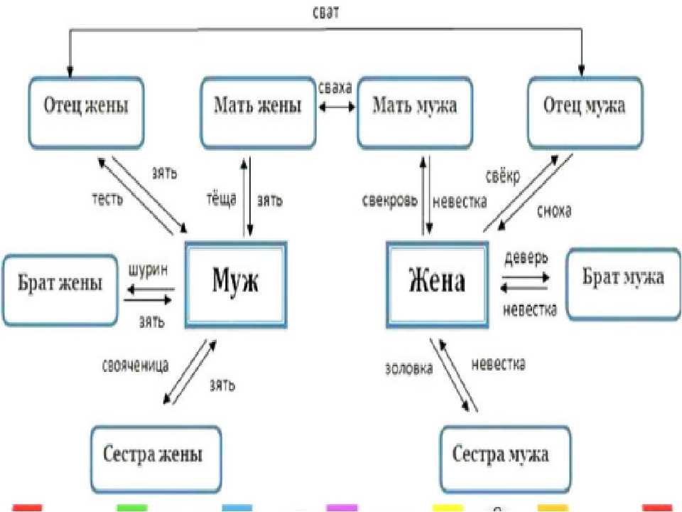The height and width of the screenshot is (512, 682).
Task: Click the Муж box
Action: [236, 284]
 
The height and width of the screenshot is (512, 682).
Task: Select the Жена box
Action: [437, 284]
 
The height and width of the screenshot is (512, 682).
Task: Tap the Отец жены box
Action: [86, 113]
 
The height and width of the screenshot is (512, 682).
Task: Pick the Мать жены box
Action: [258, 113]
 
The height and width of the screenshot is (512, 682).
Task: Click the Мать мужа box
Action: [414, 113]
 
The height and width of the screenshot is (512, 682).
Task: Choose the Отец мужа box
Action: [585, 113]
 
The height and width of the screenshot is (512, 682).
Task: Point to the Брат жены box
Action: [60, 290]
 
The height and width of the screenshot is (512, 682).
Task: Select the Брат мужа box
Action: [624, 284]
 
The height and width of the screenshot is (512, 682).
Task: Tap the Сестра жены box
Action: [156, 459]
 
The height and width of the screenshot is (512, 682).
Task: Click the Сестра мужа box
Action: [505, 459]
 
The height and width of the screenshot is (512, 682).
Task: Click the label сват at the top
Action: [326, 12]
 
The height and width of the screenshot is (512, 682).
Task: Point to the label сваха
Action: [335, 87]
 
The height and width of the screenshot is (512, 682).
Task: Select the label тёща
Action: [222, 198]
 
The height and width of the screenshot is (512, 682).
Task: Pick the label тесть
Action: [107, 199]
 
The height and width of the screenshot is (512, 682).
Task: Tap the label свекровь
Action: [390, 201]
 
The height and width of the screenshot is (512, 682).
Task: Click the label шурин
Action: [148, 270]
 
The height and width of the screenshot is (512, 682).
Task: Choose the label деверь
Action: [526, 258]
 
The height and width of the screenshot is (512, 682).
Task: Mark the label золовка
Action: [409, 368]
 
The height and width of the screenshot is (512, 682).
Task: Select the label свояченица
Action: [135, 366]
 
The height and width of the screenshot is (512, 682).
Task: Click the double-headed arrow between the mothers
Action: [337, 107]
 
